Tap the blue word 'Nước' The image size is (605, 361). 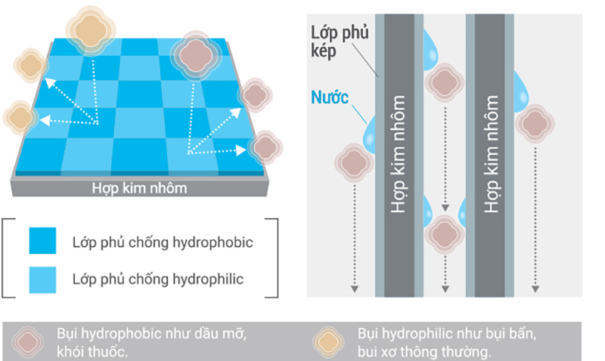click(x=330, y=97)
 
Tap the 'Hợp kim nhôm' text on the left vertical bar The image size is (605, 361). click(x=400, y=154)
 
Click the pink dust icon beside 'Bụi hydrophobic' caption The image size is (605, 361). click(x=29, y=341)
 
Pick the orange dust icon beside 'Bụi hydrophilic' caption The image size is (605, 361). click(x=330, y=341)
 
